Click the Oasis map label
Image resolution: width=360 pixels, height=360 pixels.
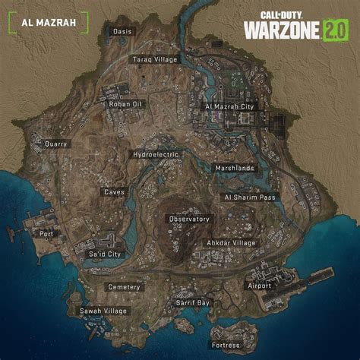[122, 31]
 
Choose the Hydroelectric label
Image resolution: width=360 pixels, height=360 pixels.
[155, 154]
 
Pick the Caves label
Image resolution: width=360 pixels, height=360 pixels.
[115, 191]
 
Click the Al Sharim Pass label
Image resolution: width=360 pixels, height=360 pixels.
[250, 197]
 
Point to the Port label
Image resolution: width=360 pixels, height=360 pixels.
[47, 234]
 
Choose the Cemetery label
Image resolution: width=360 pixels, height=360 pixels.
[123, 287]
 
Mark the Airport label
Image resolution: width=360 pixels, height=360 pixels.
[259, 286]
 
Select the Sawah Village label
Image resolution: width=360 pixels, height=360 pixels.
[103, 311]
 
